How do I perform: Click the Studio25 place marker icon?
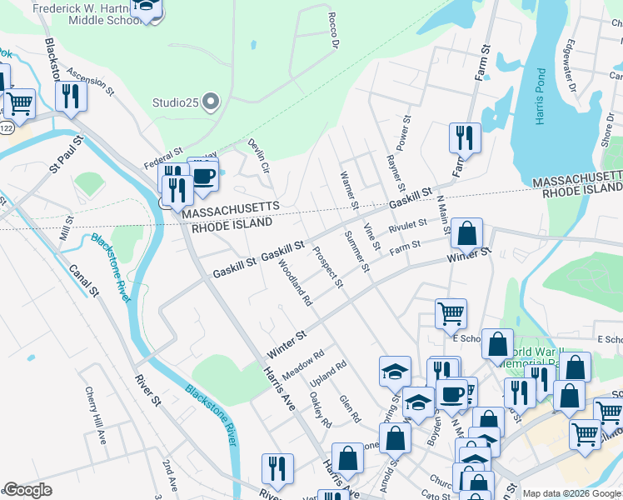coord(211,103)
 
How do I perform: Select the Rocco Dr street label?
coord(335,32)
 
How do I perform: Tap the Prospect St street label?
coord(327,266)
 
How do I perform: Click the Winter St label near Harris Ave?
coord(287,342)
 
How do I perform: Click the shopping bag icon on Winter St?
coord(468,235)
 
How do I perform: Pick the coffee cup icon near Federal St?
coord(203,176)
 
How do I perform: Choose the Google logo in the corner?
coord(27,490)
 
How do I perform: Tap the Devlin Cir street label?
coord(259,155)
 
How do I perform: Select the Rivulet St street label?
coord(408,227)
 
